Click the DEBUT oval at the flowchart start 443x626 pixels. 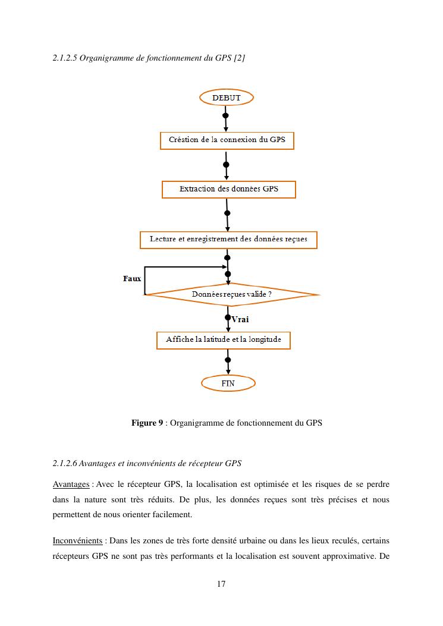[x=227, y=97]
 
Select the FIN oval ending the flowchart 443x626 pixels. [x=228, y=383]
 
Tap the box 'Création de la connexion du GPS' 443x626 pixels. [x=227, y=140]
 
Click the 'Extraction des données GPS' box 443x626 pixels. [x=229, y=189]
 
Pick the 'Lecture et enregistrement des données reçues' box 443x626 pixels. [x=228, y=239]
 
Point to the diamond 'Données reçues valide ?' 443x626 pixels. [x=232, y=294]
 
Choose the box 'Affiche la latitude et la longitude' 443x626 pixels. [x=224, y=339]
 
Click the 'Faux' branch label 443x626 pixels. [x=131, y=279]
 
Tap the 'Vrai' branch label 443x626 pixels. [x=240, y=319]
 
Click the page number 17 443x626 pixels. [x=221, y=584]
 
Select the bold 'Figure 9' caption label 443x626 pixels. [x=147, y=423]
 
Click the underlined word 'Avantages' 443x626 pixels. [x=71, y=485]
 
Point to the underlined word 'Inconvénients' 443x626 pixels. [x=77, y=540]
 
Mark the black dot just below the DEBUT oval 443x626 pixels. [x=226, y=115]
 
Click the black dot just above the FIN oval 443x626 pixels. [x=228, y=360]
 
